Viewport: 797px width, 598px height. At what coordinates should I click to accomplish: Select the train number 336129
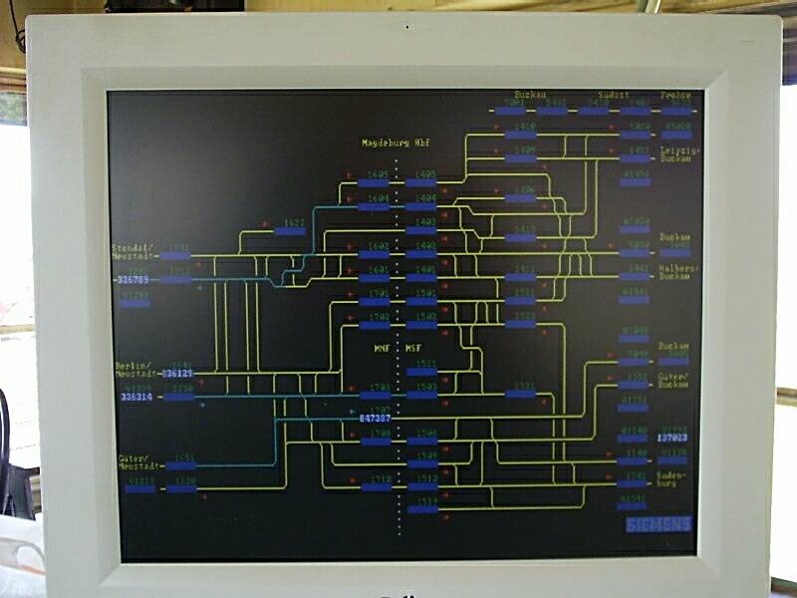(177, 373)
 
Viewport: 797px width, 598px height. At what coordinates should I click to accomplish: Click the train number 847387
(376, 419)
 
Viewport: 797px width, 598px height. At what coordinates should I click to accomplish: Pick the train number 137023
(672, 438)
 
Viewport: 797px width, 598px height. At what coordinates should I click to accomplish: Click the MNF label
(382, 349)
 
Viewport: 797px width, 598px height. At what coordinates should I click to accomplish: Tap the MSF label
(413, 349)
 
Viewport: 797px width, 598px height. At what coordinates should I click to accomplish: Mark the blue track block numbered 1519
(422, 509)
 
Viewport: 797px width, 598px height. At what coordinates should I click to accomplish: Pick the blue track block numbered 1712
(376, 486)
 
